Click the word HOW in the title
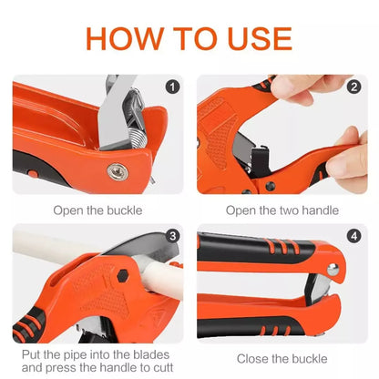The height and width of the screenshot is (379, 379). click(128, 38)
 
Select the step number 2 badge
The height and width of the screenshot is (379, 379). click(353, 87)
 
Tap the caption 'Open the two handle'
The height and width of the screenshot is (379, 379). click(282, 210)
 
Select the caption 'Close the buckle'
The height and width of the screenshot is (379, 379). click(282, 359)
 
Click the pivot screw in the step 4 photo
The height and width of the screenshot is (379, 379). click(334, 269)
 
